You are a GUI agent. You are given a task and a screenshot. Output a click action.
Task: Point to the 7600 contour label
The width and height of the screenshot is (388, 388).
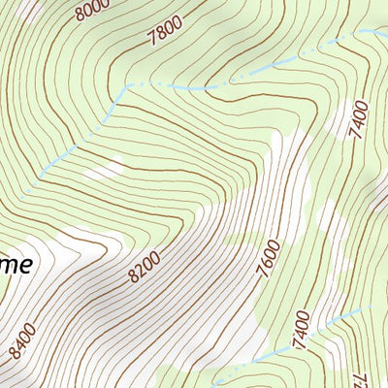269,257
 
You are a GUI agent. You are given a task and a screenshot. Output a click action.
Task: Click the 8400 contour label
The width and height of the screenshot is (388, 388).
20,341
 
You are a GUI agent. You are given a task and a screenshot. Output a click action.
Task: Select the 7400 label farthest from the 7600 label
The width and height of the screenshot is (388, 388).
361,119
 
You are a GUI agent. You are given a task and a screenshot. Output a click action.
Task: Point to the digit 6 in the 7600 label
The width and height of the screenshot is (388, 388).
268,259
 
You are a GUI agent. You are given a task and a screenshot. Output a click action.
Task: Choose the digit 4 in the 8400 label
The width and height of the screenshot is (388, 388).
17,344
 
